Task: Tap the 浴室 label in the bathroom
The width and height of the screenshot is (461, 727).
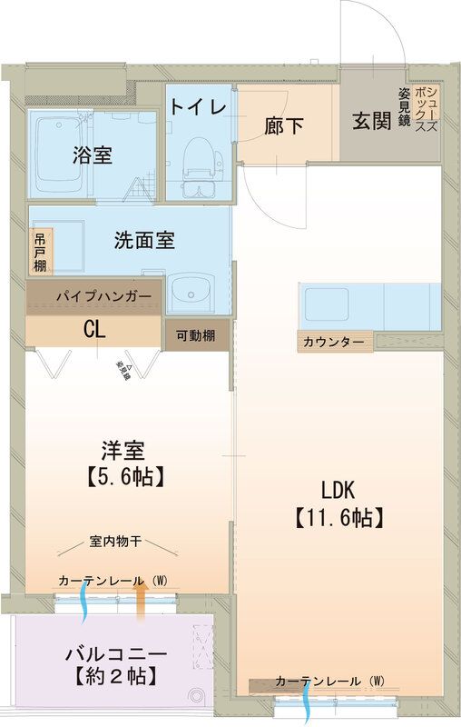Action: point(93,154)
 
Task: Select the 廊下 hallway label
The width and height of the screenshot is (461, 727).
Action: point(284,126)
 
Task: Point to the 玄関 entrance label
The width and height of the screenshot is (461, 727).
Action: point(372,122)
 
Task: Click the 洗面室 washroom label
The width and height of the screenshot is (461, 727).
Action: point(144,241)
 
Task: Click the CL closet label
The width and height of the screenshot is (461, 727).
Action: point(94,330)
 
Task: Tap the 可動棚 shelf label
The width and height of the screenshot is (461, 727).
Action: point(196,334)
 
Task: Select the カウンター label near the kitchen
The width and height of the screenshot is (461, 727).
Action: point(334,343)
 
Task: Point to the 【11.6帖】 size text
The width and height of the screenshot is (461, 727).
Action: point(338,518)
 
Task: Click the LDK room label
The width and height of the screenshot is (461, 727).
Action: point(338,490)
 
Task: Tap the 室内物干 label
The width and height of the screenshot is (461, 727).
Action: point(115,543)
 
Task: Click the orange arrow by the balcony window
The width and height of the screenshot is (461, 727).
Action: point(141,600)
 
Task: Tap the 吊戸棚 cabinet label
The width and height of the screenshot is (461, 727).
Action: point(41,252)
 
